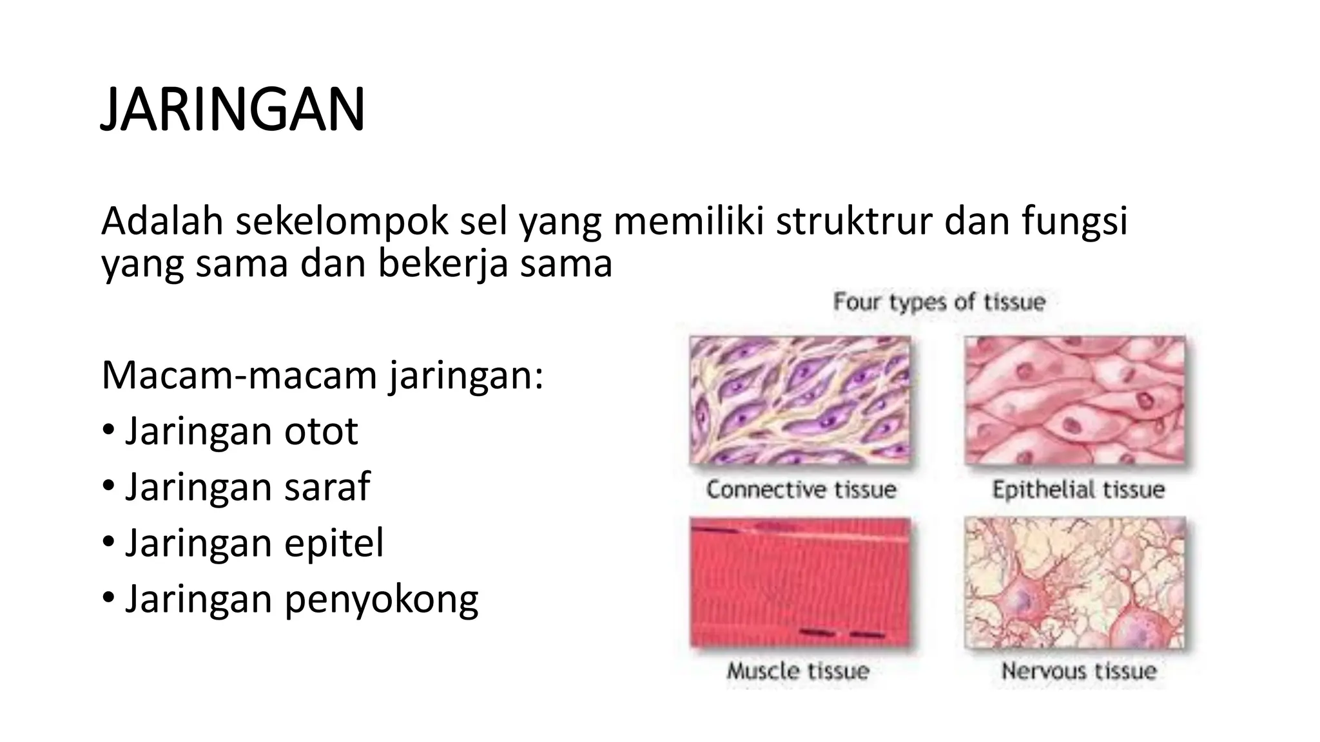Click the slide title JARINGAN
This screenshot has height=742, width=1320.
point(233,109)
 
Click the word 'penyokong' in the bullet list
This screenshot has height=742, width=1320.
point(382,600)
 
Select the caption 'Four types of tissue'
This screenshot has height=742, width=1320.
point(939,301)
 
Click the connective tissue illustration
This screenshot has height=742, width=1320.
point(800,400)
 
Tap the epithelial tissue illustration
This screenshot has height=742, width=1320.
point(1074,400)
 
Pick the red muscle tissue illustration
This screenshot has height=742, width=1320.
point(800,582)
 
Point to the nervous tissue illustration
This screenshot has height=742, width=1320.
point(1074,582)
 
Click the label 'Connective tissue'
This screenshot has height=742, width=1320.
point(801,490)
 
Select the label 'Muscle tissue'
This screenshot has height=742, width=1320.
point(798,671)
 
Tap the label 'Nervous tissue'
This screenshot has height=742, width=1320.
point(1078,671)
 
